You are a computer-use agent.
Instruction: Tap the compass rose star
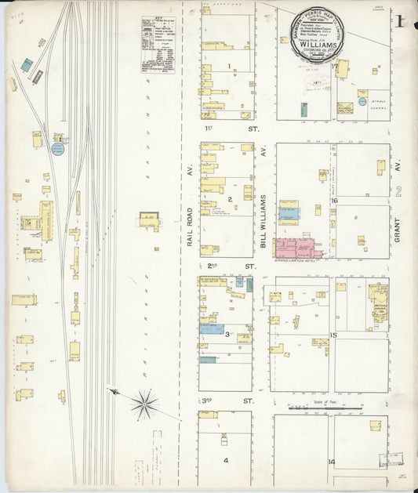click(x=144, y=404)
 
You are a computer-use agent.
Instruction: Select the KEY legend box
click(x=157, y=44)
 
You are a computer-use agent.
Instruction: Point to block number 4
click(x=225, y=460)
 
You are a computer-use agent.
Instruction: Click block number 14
click(x=332, y=462)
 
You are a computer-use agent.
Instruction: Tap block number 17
click(x=333, y=67)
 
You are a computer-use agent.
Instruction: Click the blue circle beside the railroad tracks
click(x=58, y=148)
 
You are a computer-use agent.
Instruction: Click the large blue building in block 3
click(x=211, y=329)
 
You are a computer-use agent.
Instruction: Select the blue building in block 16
click(x=289, y=212)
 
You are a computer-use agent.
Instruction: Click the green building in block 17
click(x=304, y=109)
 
